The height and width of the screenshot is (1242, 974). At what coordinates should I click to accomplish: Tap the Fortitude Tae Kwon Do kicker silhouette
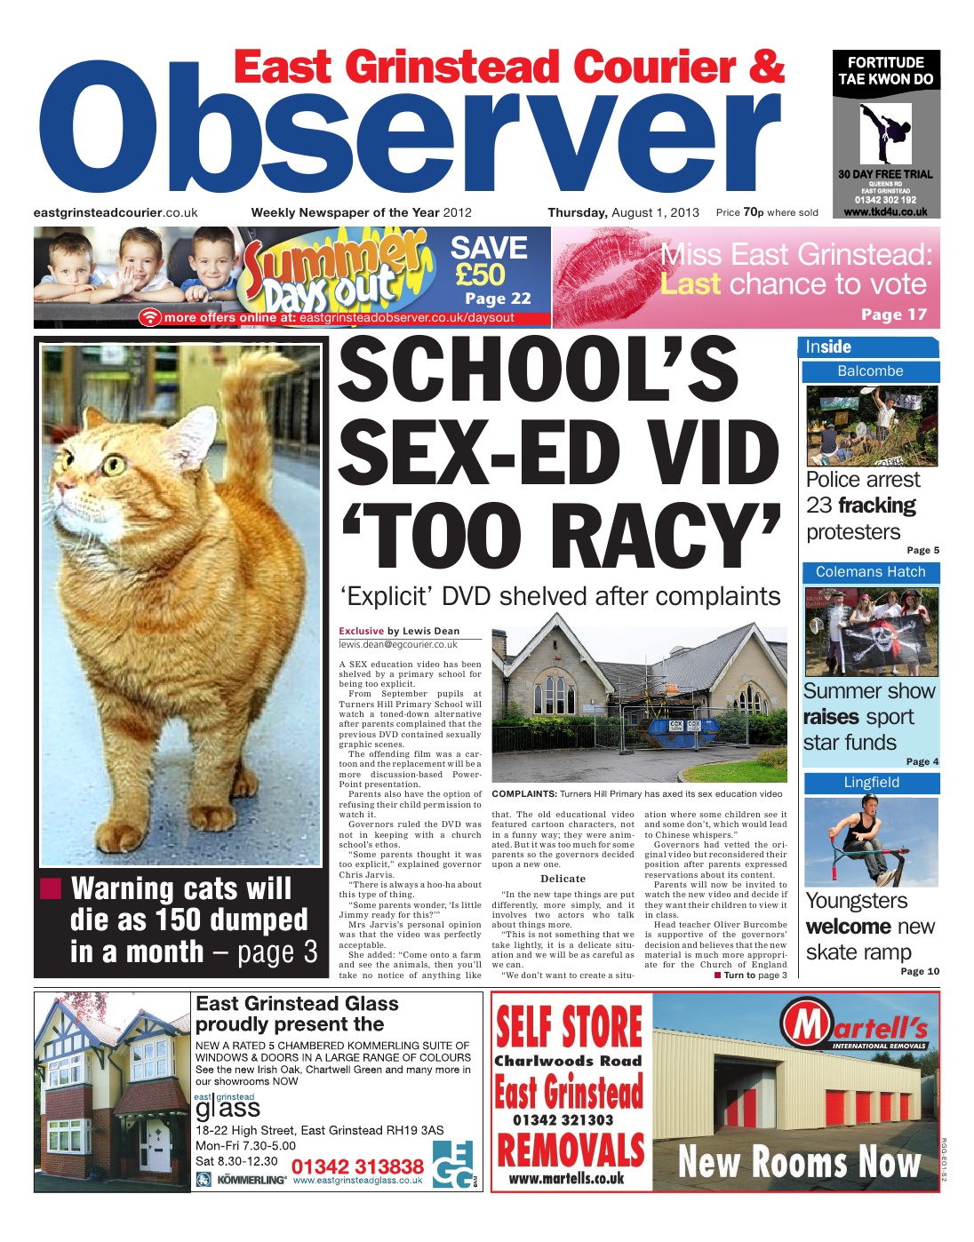pos(886,132)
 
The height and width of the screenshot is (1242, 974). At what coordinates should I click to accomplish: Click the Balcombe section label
pos(870,371)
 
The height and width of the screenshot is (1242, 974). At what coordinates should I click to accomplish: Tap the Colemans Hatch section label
pos(870,572)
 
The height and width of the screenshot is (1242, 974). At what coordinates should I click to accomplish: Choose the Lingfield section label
pos(871,783)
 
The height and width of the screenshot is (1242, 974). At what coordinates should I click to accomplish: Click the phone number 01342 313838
pos(357,1166)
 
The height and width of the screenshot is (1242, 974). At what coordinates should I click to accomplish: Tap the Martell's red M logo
pos(808,1026)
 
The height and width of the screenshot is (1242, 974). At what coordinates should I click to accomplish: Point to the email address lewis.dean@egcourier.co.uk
pos(398,645)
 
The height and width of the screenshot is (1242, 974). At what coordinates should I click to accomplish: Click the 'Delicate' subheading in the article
pos(563,878)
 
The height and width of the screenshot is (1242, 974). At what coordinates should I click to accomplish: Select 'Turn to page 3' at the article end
pos(750,975)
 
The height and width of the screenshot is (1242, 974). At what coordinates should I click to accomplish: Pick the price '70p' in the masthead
pos(753,212)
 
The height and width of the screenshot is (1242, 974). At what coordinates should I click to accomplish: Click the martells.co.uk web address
pos(566,1179)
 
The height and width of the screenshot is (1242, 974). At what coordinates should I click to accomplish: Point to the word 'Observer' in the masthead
pos(409,133)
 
